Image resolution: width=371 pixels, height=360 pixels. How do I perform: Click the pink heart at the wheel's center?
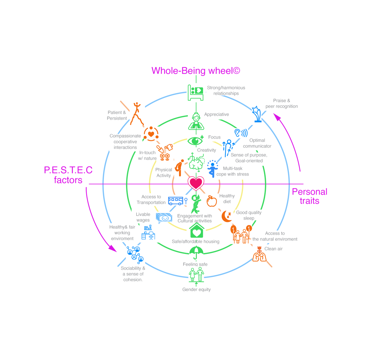tap(196, 183)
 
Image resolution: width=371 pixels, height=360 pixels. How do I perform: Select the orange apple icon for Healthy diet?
tap(212, 201)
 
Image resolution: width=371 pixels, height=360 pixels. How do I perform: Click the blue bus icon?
tap(176, 201)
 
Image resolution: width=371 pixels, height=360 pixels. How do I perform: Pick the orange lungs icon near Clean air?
tap(259, 254)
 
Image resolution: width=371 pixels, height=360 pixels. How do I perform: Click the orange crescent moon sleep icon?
tap(226, 216)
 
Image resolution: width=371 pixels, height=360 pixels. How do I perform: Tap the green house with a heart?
tap(197, 231)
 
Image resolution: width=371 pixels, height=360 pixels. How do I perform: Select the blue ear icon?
tap(241, 133)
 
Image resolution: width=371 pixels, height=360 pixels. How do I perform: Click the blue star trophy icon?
tap(257, 114)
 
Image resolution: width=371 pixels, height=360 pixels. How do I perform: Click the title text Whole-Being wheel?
tap(196, 71)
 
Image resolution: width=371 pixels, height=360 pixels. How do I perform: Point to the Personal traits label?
tap(310, 196)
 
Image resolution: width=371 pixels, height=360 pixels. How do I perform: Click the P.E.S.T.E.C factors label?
tap(68, 175)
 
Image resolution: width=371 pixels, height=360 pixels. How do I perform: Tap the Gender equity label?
tap(196, 289)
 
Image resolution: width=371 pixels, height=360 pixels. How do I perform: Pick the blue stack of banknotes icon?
tap(164, 217)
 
